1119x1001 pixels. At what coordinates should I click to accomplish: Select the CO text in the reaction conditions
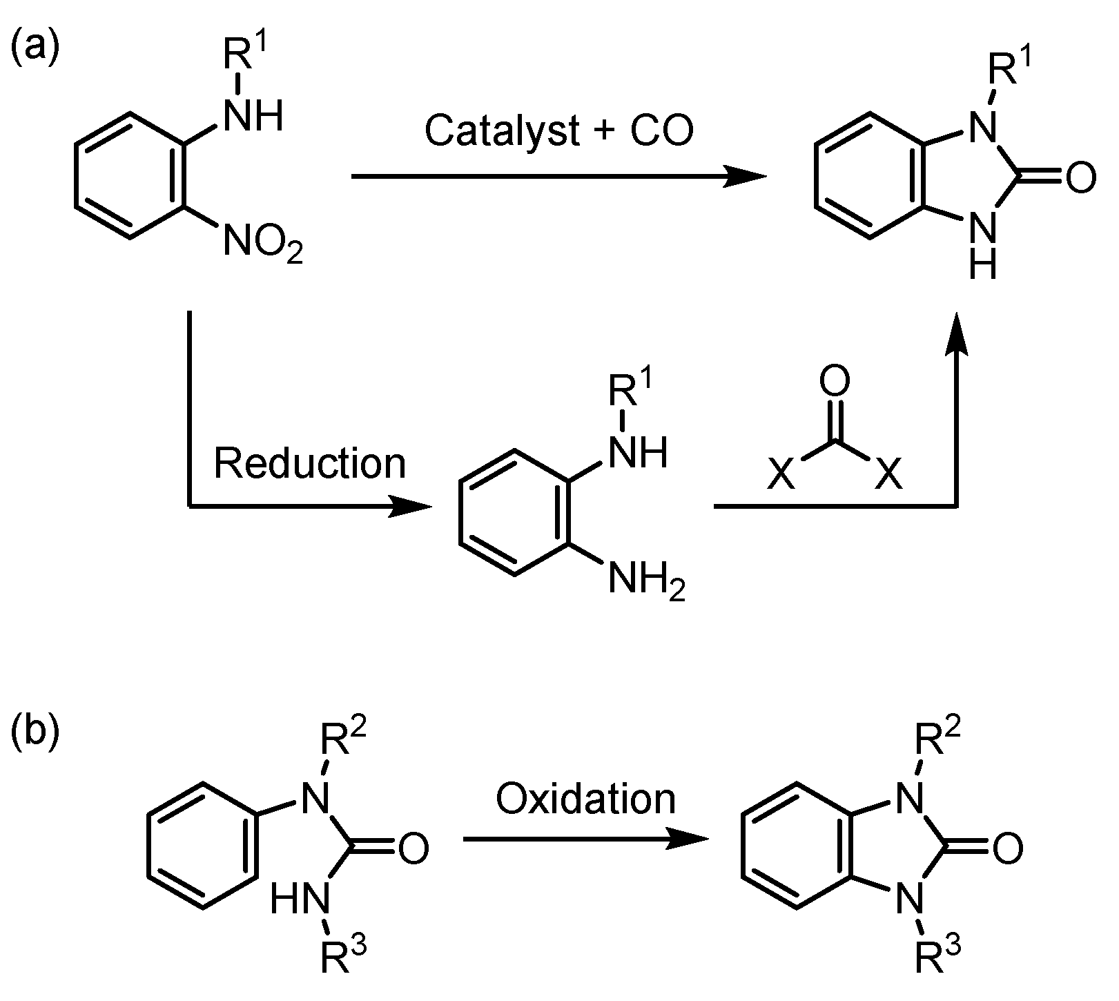[661, 130]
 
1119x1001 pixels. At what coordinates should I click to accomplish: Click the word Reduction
[310, 463]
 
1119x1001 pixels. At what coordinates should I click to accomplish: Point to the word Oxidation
[585, 799]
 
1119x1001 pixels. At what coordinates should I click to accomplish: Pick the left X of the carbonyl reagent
[782, 475]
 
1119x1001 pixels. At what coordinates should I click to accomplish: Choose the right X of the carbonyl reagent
[889, 475]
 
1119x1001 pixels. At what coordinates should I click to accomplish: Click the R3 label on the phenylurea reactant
[343, 957]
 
